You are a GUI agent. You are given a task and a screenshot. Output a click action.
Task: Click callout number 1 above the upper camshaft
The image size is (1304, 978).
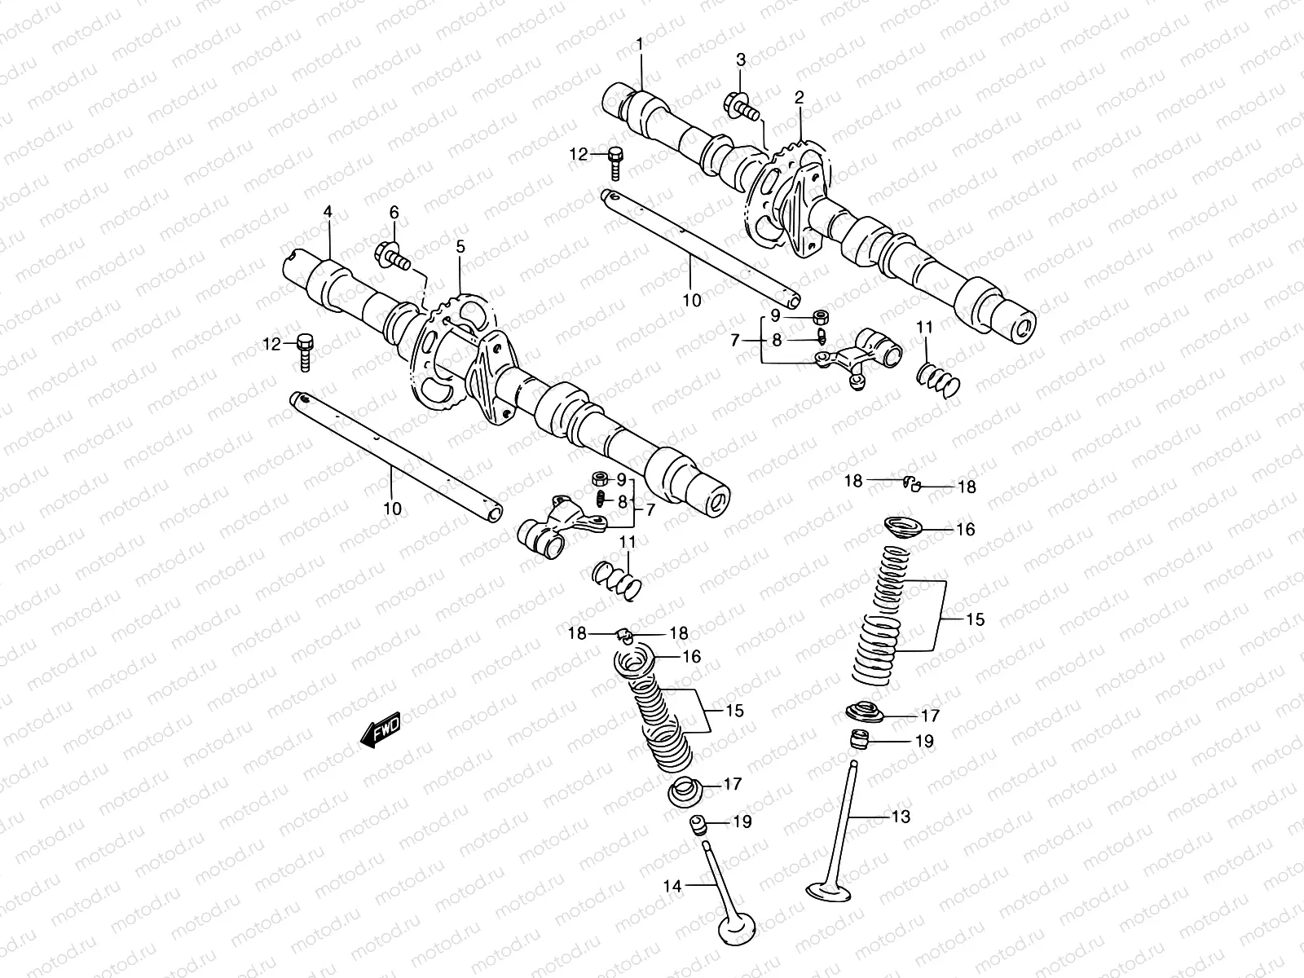[x=640, y=44]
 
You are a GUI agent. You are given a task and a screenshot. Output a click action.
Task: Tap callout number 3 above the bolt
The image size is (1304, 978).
[x=741, y=59]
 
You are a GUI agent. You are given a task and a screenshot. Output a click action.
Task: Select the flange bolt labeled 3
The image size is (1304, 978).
[x=739, y=106]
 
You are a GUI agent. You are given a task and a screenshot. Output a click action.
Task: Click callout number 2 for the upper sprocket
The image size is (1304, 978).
[x=800, y=98]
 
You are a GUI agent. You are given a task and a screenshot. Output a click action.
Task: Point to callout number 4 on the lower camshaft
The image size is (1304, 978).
[x=328, y=212]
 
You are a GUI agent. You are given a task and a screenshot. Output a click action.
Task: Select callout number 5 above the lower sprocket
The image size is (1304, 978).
[x=460, y=244]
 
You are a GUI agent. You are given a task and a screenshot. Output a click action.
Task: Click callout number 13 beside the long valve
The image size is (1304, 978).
[x=901, y=817]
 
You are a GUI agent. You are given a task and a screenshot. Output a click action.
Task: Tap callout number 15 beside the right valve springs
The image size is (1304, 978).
[x=975, y=619]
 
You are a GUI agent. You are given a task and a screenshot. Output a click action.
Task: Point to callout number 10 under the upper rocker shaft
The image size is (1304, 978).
[x=691, y=300]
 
